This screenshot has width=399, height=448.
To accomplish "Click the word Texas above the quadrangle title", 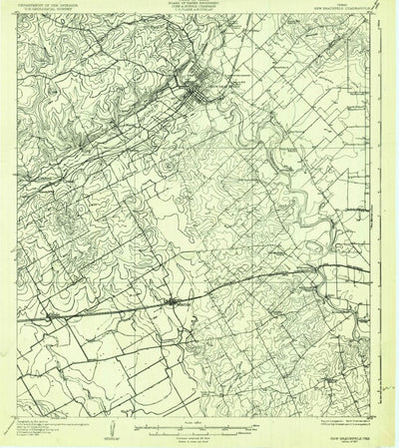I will [x=338, y=5].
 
